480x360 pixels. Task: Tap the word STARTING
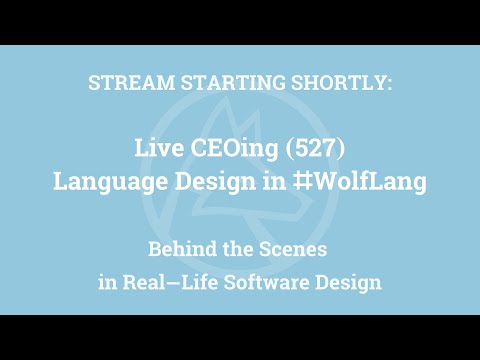click(214, 83)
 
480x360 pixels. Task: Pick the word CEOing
click(231, 148)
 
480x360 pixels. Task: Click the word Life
click(200, 281)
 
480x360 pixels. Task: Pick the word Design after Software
click(349, 281)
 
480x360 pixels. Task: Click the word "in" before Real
click(108, 281)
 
